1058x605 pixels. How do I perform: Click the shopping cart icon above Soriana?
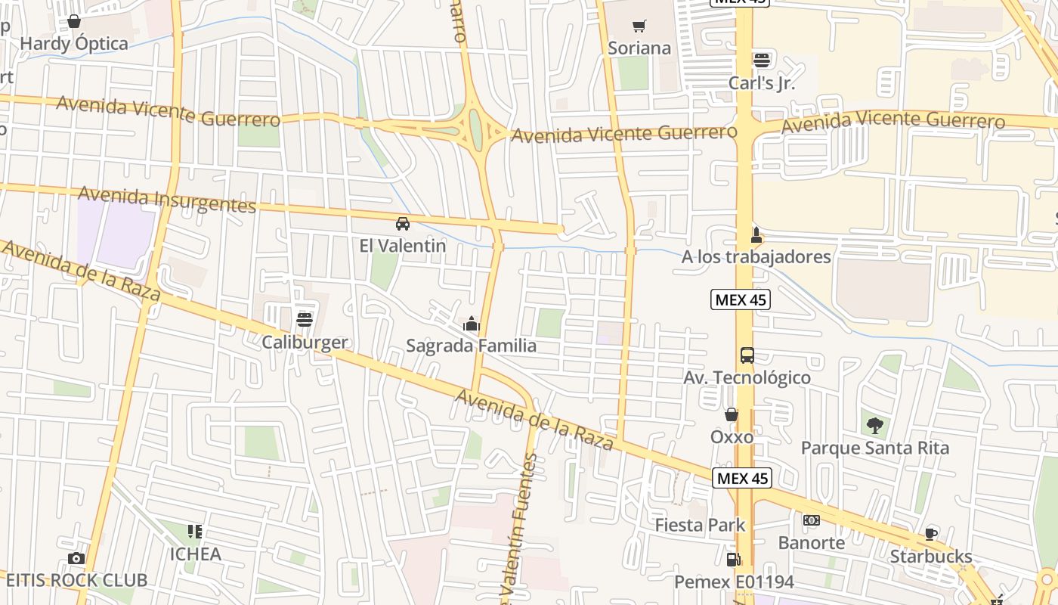[639, 26]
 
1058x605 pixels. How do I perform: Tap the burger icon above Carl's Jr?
[761, 60]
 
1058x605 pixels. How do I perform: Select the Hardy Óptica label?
[74, 43]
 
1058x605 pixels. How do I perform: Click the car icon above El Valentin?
[403, 224]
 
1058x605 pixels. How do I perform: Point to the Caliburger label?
[305, 342]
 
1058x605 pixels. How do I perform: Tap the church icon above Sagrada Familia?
[472, 324]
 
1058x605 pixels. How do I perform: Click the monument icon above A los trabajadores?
[755, 234]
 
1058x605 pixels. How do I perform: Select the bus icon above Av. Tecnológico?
[747, 355]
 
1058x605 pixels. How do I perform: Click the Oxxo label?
[732, 436]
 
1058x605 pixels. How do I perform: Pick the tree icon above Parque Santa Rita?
[874, 426]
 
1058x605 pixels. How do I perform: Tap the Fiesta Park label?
[700, 525]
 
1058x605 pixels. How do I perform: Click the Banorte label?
[811, 542]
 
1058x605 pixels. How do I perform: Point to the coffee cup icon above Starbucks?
[931, 534]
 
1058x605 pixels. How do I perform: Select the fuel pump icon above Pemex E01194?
[732, 560]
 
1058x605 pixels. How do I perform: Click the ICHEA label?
[195, 554]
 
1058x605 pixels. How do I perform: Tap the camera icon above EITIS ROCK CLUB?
[76, 559]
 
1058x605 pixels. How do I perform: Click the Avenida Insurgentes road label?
[167, 200]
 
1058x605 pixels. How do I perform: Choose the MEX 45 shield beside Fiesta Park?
[742, 478]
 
